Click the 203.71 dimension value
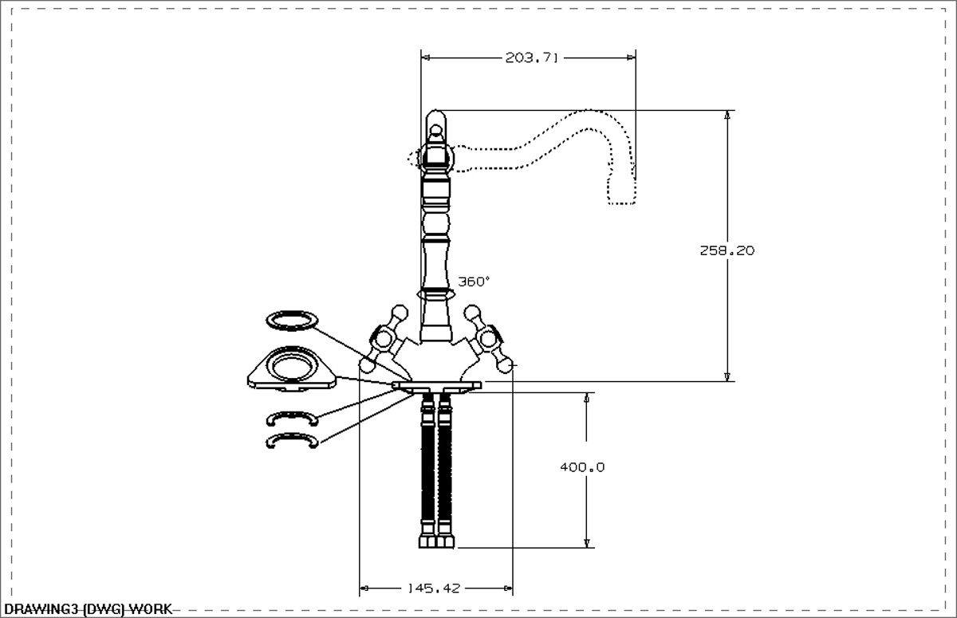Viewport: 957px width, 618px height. coord(531,57)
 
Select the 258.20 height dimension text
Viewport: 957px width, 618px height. coord(727,250)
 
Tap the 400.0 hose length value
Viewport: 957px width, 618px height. coord(582,467)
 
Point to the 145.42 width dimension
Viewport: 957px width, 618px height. coord(434,588)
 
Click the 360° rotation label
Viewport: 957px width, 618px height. coord(474,281)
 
